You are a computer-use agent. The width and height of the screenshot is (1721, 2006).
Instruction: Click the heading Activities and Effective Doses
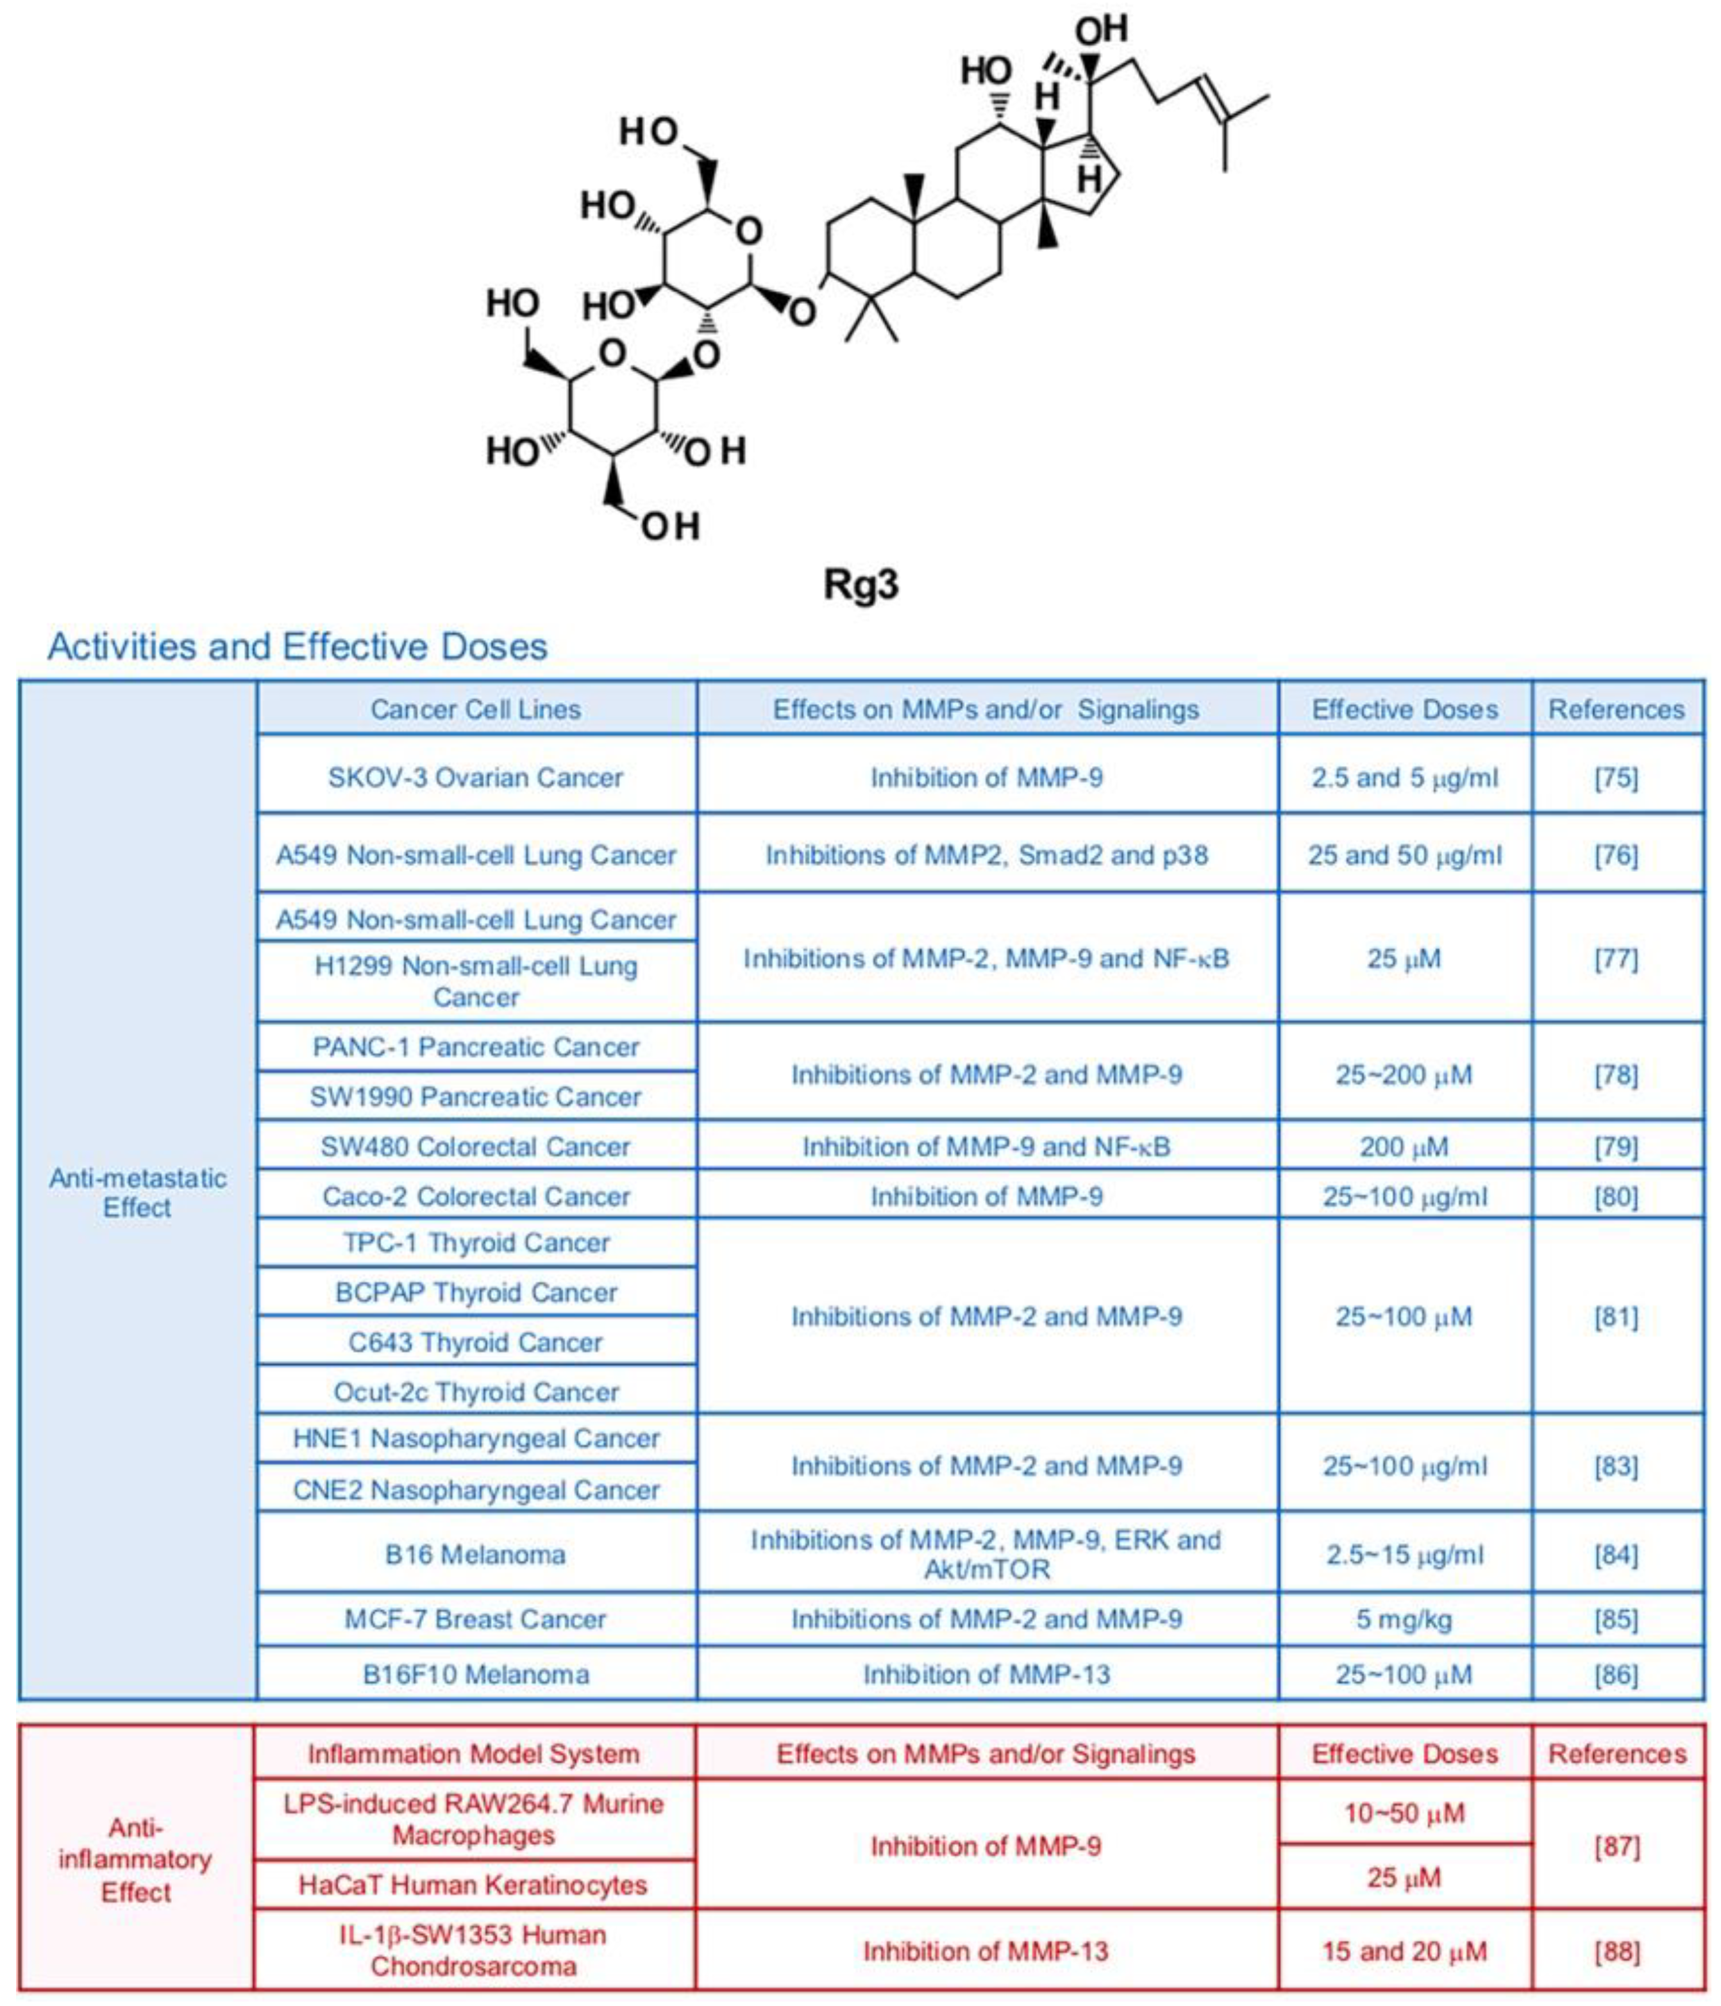[x=298, y=647]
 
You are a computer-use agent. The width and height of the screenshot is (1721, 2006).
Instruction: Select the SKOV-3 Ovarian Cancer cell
[x=476, y=778]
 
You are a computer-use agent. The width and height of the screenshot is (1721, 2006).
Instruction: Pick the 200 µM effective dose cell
[x=1404, y=1148]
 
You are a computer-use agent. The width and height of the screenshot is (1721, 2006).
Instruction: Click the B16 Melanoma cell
[x=476, y=1555]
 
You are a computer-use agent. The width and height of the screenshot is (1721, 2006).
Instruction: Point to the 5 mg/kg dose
[x=1404, y=1619]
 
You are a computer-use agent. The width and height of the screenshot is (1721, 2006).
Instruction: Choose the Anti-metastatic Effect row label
[x=137, y=1192]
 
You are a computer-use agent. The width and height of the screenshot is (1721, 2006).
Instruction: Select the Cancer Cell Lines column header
[x=476, y=710]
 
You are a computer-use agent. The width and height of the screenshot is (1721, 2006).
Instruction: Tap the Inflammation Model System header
[x=474, y=1754]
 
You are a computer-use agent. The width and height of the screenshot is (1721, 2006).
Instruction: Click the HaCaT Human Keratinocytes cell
[x=474, y=1885]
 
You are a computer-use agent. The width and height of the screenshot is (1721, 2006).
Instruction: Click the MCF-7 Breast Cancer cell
[x=476, y=1619]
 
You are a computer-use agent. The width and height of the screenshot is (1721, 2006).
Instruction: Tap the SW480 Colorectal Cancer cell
[x=476, y=1148]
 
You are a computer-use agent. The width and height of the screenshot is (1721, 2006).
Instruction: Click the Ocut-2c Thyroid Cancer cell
[x=476, y=1392]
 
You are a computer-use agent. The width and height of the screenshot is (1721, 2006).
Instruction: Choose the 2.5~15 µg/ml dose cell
[x=1404, y=1555]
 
